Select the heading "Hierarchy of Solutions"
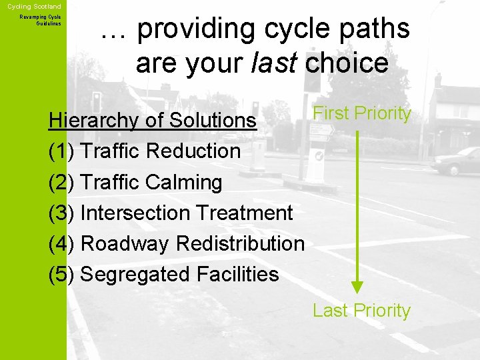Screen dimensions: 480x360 pos(153,120)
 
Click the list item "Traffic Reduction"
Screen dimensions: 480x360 pos(160,151)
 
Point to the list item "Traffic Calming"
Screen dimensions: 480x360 pos(151,182)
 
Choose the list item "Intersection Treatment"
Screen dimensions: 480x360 pos(186,213)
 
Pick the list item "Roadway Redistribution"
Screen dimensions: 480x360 pos(192,243)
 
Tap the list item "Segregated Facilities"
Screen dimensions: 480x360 pos(179,274)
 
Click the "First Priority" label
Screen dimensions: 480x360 pos(362,113)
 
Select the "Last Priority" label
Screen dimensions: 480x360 pos(361,311)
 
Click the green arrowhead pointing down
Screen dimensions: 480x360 pos(358,287)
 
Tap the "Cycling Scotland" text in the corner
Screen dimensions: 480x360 pos(34,6)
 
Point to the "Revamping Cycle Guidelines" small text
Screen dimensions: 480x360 pos(41,20)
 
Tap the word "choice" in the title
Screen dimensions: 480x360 pos(347,63)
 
